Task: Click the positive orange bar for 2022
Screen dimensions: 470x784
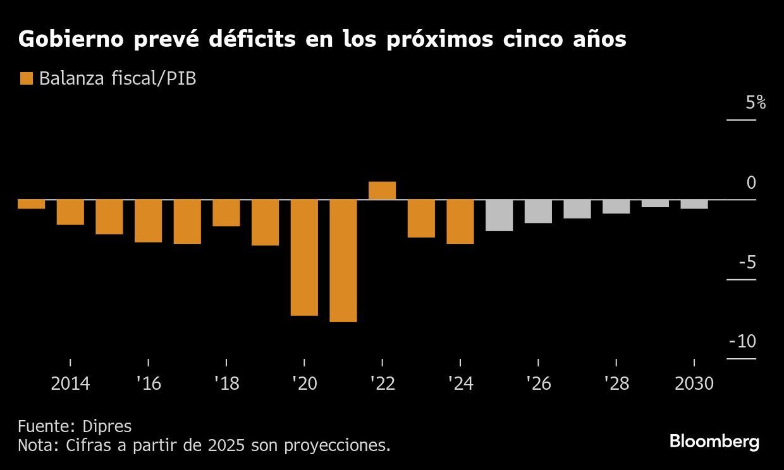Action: pyautogui.click(x=382, y=191)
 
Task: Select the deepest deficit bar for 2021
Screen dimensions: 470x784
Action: pyautogui.click(x=343, y=260)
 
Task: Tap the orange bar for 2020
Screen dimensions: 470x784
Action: pyautogui.click(x=304, y=257)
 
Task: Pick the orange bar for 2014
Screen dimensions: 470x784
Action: pyautogui.click(x=70, y=212)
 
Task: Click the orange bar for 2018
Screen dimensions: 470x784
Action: pyautogui.click(x=226, y=213)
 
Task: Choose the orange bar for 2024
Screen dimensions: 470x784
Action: pyautogui.click(x=460, y=222)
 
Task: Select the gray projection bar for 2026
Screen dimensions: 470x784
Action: pyautogui.click(x=538, y=212)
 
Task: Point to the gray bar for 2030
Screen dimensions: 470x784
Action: pyautogui.click(x=694, y=204)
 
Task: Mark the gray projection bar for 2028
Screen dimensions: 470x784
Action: pyautogui.click(x=616, y=207)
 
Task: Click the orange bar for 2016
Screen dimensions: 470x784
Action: pyautogui.click(x=148, y=221)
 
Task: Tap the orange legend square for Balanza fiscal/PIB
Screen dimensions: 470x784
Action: pyautogui.click(x=27, y=78)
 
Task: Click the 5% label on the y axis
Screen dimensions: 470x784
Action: pyautogui.click(x=755, y=103)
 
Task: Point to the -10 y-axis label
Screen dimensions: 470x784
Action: pyautogui.click(x=742, y=342)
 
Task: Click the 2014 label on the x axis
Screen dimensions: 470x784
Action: pyautogui.click(x=70, y=384)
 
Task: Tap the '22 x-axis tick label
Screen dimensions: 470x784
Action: pyautogui.click(x=382, y=384)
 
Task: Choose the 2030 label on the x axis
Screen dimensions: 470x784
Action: pyautogui.click(x=694, y=384)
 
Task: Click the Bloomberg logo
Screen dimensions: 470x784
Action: pyautogui.click(x=714, y=442)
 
